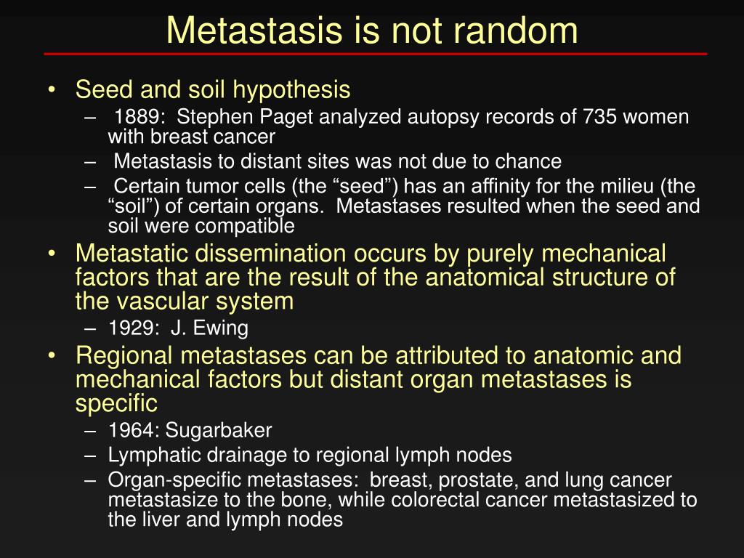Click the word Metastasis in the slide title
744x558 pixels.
click(254, 31)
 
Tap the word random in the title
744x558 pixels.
click(515, 31)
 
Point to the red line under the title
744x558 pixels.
click(376, 54)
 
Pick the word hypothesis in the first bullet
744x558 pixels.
click(291, 90)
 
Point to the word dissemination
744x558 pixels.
click(270, 254)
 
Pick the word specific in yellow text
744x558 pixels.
click(116, 404)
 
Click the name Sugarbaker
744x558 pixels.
click(218, 431)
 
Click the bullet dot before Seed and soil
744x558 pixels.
click(52, 90)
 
